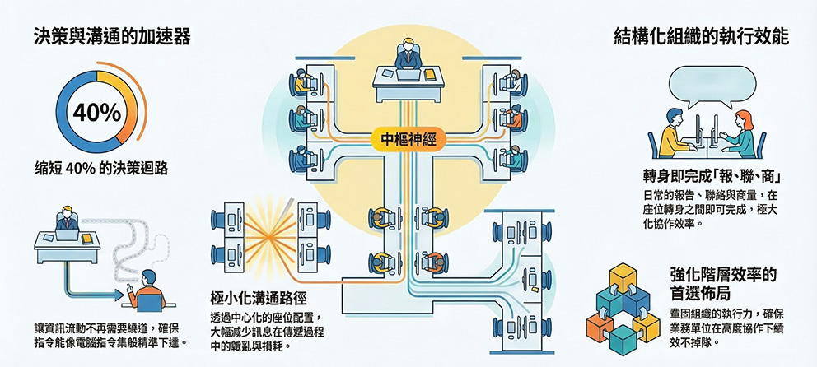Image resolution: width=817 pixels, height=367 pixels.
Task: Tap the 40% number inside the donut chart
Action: [x=98, y=114]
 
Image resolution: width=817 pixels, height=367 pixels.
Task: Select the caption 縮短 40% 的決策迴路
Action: [x=101, y=169]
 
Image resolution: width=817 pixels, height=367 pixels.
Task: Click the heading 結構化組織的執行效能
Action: [x=702, y=37]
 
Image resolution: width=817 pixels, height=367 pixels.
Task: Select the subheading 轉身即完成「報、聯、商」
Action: [x=712, y=176]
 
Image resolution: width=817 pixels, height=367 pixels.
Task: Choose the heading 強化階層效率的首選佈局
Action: [x=724, y=284]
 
